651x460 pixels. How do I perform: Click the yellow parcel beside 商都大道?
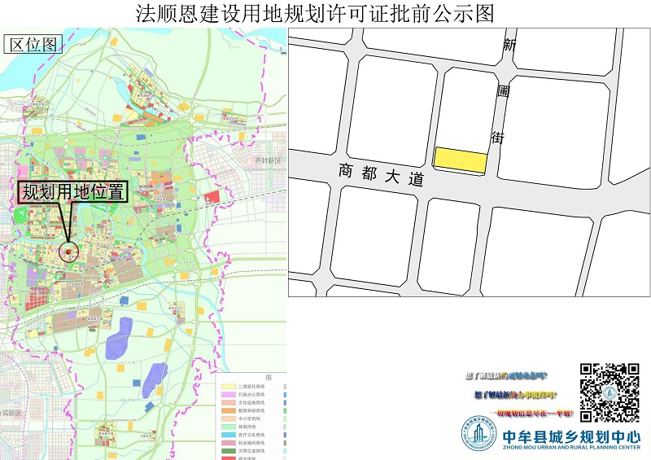point(460,160)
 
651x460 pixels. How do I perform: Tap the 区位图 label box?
point(33,45)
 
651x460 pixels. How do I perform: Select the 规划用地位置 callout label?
point(73,192)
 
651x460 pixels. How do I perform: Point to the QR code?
point(609,392)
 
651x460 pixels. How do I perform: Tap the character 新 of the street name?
point(510,46)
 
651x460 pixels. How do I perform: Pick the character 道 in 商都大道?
point(417,181)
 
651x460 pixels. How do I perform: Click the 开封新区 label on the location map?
point(267,161)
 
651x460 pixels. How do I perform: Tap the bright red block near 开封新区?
point(212,197)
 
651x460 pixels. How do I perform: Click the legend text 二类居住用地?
point(251,386)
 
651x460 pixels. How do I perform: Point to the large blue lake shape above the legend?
point(120,335)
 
